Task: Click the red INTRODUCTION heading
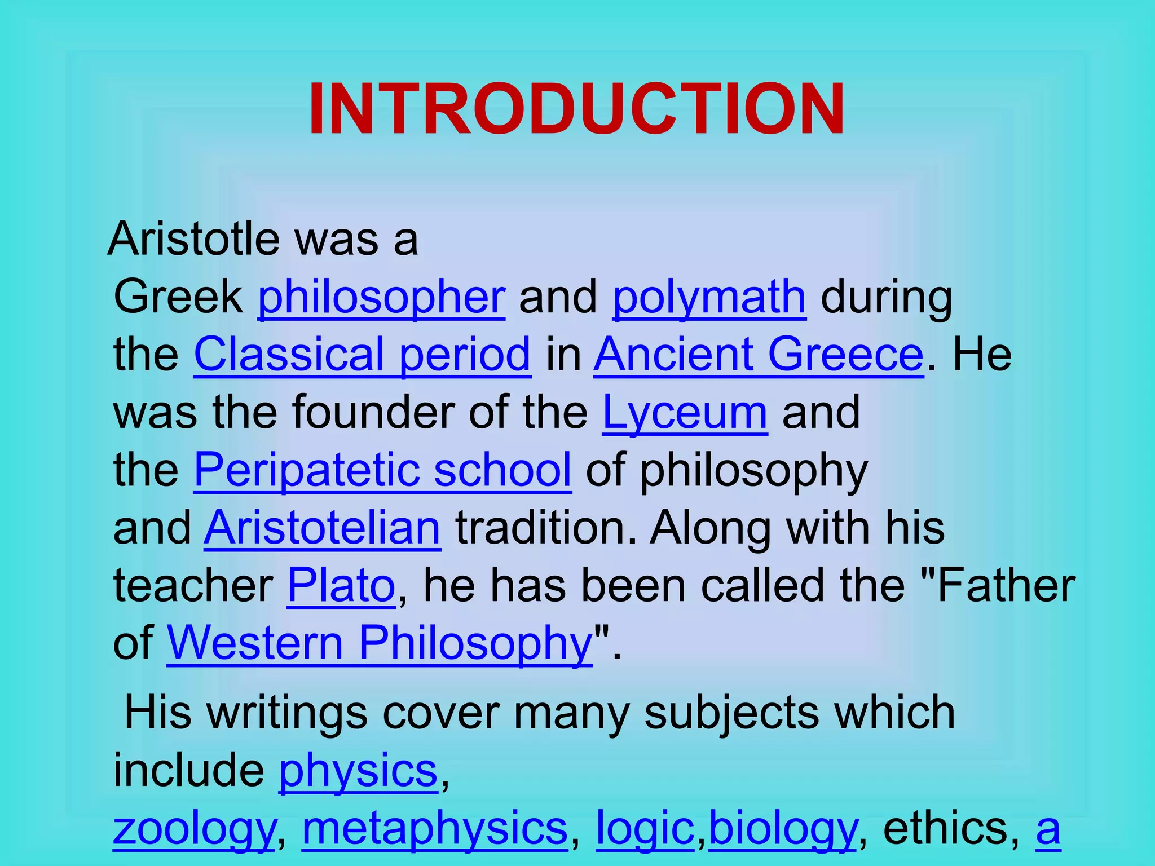pos(576,109)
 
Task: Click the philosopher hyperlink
pos(381,298)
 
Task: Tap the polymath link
pos(709,298)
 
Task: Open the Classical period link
pos(362,355)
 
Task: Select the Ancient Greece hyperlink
pos(759,355)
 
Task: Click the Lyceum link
pos(685,413)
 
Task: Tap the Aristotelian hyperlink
pos(322,528)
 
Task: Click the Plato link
pos(341,586)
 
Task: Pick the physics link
pos(358,771)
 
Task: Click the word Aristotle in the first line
pos(193,240)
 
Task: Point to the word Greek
pos(178,298)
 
